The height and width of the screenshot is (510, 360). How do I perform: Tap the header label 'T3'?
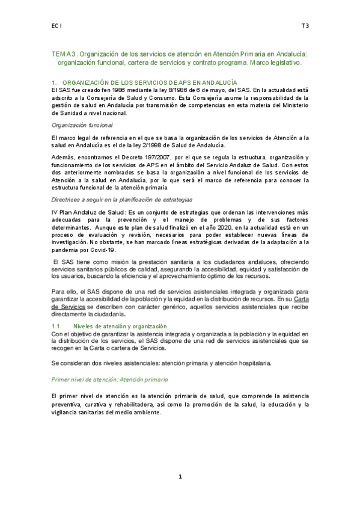pyautogui.click(x=305, y=26)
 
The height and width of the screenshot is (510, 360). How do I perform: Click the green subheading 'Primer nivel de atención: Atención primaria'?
pyautogui.click(x=110, y=381)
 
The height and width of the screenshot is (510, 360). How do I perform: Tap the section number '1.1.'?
pyautogui.click(x=59, y=325)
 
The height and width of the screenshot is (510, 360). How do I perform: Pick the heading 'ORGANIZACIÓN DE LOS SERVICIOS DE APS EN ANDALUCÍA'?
pyautogui.click(x=150, y=82)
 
